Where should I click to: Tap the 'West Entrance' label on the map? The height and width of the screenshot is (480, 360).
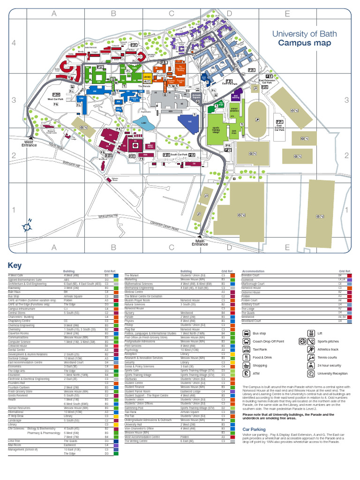tap(29, 143)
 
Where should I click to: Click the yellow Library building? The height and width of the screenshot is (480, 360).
tap(147, 76)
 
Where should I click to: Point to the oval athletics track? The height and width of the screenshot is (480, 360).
tap(257, 120)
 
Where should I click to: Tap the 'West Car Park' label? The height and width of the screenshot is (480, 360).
tap(57, 99)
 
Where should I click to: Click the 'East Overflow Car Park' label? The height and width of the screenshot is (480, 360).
tap(279, 127)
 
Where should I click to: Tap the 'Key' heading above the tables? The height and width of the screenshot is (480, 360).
tap(15, 265)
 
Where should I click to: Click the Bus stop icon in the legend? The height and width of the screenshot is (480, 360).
tap(247, 333)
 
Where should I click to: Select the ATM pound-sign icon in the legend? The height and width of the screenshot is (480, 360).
tap(247, 374)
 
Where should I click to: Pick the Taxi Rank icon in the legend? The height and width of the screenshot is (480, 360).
tap(247, 349)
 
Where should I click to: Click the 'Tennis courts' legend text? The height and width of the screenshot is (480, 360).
tap(328, 357)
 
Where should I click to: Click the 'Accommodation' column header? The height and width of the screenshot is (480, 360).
tap(253, 271)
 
